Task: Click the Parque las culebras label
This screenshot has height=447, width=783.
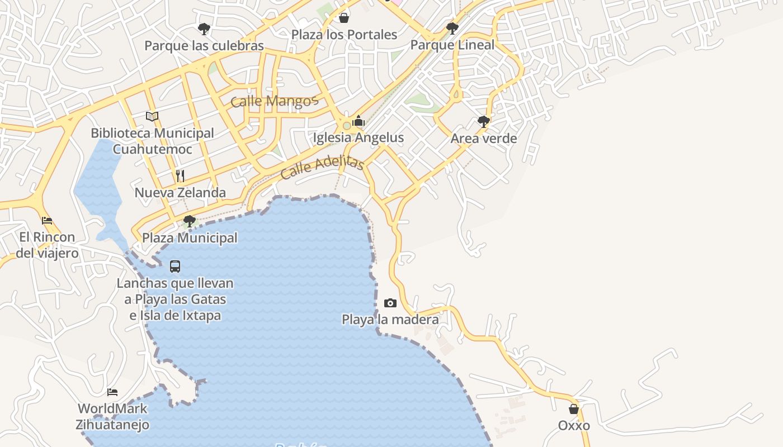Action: click(204, 45)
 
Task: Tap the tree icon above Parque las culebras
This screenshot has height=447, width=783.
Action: click(204, 28)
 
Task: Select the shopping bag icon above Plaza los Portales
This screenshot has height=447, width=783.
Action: click(344, 18)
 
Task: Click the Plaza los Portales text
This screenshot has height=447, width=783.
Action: click(344, 35)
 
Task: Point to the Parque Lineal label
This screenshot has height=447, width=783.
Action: click(452, 45)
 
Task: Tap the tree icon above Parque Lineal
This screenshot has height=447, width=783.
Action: click(452, 28)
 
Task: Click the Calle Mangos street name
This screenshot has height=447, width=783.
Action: click(274, 101)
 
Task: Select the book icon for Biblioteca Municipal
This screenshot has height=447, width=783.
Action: click(152, 116)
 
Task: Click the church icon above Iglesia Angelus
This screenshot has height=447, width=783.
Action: click(359, 121)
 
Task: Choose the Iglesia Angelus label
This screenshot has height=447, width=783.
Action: click(359, 137)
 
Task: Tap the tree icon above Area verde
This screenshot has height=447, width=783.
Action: click(484, 121)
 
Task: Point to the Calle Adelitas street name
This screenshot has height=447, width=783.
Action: click(322, 167)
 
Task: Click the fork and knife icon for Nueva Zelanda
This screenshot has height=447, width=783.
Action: click(180, 176)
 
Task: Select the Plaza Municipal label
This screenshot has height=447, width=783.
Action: click(190, 238)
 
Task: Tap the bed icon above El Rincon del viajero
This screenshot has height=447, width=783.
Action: click(47, 221)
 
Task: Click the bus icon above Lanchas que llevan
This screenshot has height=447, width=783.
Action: click(175, 267)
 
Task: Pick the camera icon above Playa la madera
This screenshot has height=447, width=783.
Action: click(390, 303)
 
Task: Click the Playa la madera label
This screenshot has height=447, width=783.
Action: click(390, 320)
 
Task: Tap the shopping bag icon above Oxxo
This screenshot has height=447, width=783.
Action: click(574, 409)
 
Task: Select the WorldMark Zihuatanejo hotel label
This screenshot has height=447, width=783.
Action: click(112, 417)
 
